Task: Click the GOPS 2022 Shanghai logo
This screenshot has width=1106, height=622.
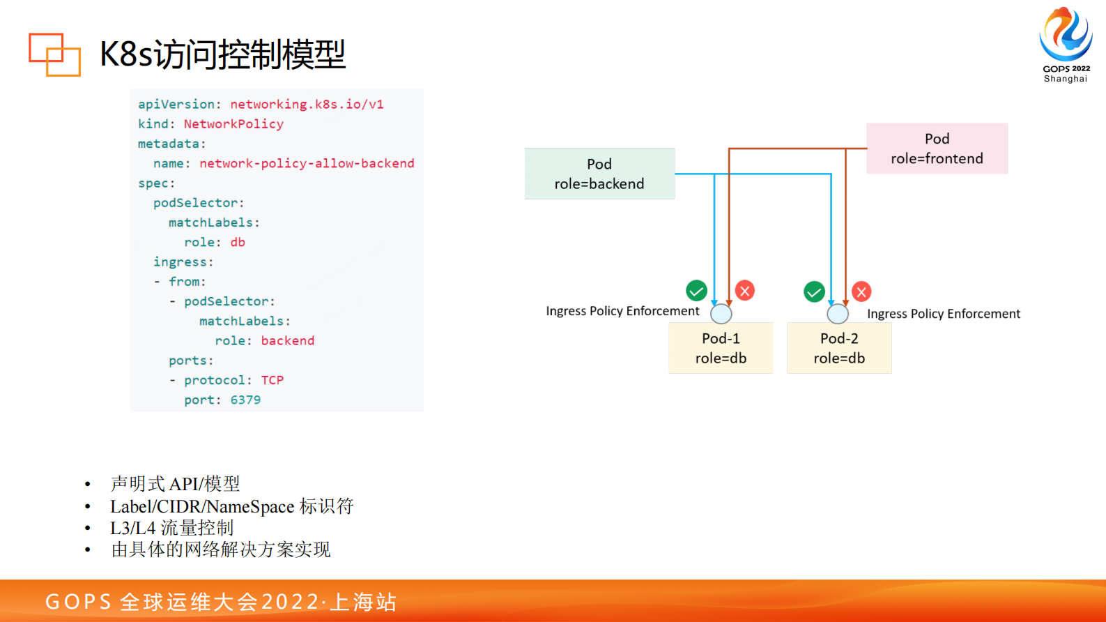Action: click(1066, 44)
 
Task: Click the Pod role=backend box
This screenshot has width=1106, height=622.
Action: click(599, 174)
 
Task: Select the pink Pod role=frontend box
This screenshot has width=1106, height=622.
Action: click(937, 149)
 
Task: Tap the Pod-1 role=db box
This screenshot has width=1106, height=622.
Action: click(721, 348)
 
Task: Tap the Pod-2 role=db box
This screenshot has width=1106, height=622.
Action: click(839, 348)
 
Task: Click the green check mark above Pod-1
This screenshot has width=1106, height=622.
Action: click(696, 290)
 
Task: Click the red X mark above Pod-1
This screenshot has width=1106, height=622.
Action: click(745, 290)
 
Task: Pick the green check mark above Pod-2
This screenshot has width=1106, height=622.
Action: click(814, 291)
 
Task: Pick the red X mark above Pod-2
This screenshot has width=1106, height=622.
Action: click(861, 291)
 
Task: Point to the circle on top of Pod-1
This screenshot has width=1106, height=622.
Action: click(721, 314)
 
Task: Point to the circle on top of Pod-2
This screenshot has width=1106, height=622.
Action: click(838, 314)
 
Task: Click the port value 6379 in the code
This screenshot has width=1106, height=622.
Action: click(245, 400)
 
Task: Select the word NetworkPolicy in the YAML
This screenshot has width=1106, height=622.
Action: click(233, 124)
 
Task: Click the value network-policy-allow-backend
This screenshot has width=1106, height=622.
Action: click(307, 163)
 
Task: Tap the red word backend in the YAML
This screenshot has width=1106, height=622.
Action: click(287, 341)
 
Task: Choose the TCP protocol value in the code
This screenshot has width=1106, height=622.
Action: click(272, 380)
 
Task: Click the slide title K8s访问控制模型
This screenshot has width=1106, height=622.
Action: click(222, 54)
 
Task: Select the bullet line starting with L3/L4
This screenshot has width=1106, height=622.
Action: click(171, 528)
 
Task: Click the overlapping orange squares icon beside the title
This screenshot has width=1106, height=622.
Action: click(54, 54)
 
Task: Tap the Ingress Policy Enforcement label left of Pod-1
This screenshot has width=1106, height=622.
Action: click(622, 311)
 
